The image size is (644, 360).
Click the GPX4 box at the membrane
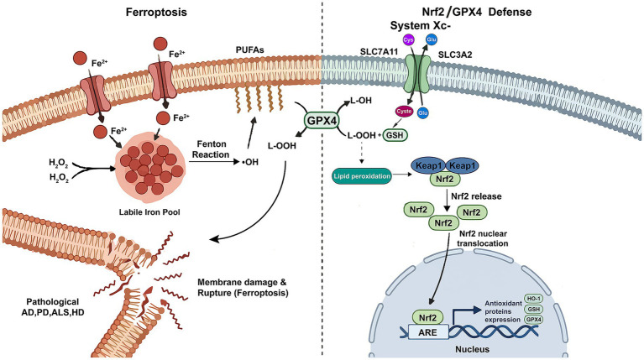[x=322, y=122]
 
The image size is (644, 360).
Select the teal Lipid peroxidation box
[x=362, y=176]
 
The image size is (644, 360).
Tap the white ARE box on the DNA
[x=427, y=331]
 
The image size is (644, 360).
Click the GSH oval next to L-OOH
[x=395, y=135]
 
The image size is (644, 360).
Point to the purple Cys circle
[x=408, y=40]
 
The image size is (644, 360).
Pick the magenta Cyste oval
[x=404, y=112]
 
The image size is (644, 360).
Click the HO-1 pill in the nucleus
[x=533, y=300]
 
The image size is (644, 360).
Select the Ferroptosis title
[x=156, y=12]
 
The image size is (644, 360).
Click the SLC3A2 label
[x=454, y=55]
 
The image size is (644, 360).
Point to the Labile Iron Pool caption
[x=149, y=212]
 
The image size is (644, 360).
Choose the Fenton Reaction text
[x=211, y=149]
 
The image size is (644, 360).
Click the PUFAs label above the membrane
[x=249, y=50]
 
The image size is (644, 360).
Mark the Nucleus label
[x=473, y=349]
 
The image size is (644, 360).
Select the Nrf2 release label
[x=476, y=196]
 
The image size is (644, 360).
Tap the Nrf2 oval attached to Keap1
[x=445, y=179]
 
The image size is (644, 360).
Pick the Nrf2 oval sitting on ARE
[x=427, y=317]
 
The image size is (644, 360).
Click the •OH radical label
[x=249, y=162]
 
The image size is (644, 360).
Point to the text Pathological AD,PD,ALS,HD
[x=53, y=306]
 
